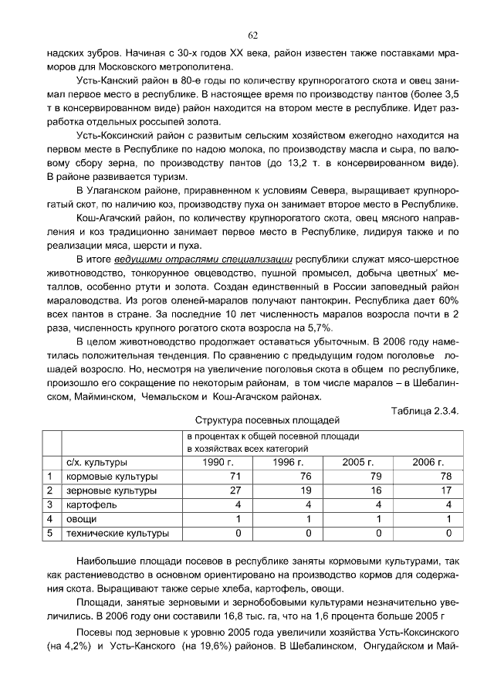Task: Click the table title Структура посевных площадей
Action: click(267, 421)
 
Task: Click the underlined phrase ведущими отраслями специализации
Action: click(202, 260)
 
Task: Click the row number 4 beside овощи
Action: click(49, 519)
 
